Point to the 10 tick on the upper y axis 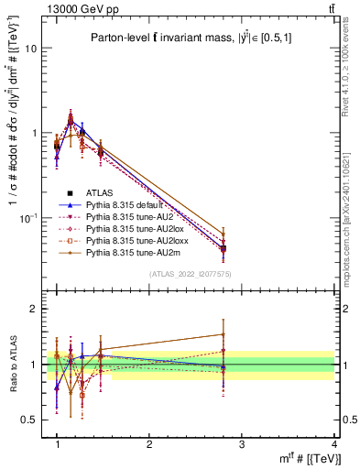click(30, 49)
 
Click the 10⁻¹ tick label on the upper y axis click(27, 218)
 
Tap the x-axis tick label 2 click(149, 444)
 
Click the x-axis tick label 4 click(333, 444)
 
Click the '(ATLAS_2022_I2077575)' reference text click(190, 275)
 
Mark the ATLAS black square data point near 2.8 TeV click(224, 248)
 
